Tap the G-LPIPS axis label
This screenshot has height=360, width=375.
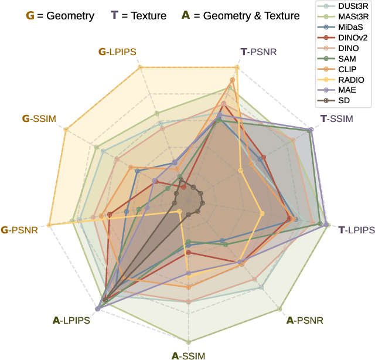coord(117,52)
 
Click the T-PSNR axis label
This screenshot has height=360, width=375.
coord(258,52)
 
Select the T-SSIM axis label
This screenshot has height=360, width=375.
coord(337,119)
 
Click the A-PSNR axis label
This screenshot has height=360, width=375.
coord(304,320)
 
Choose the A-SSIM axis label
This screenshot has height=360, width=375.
coord(188,355)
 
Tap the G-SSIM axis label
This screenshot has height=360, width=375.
coord(39,119)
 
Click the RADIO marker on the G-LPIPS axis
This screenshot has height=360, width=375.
coord(140,69)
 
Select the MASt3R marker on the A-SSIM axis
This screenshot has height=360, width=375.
coord(188,342)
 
